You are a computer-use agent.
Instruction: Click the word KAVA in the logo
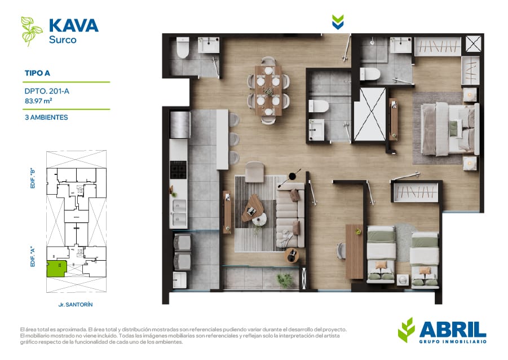73,25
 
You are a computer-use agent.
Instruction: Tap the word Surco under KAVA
63,40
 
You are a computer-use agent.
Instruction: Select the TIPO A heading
37,73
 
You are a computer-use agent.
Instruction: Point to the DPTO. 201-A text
47,91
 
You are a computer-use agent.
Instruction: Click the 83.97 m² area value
38,101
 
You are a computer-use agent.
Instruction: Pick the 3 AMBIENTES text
46,117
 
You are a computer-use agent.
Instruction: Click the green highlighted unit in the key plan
57,268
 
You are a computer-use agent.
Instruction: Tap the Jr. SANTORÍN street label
76,305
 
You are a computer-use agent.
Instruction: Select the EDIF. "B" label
32,178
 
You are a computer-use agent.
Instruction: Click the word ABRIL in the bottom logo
453,330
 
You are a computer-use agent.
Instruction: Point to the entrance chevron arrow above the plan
338,22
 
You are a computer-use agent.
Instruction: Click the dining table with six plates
268,90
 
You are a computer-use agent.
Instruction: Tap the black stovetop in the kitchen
178,170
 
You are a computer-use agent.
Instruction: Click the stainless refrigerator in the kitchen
180,125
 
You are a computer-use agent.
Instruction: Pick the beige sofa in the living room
290,215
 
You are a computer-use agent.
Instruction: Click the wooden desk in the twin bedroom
355,251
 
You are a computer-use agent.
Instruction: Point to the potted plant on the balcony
285,279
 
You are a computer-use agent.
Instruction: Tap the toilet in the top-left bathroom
183,47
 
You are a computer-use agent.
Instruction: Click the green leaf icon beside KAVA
32,31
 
